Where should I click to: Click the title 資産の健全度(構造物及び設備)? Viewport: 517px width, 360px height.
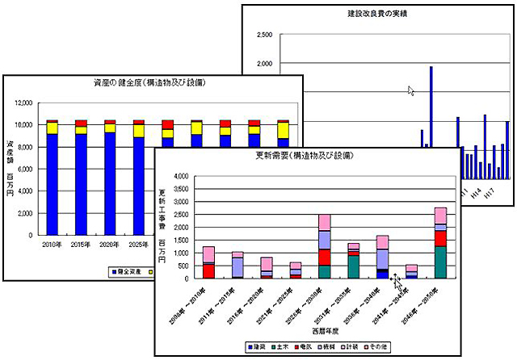(x=153, y=84)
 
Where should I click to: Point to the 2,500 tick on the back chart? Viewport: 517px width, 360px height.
(x=263, y=36)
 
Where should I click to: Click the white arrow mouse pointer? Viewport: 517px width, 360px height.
(x=410, y=90)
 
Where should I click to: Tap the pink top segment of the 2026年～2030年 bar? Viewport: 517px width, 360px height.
(x=324, y=222)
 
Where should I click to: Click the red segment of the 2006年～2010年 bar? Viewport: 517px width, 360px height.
(x=208, y=270)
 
